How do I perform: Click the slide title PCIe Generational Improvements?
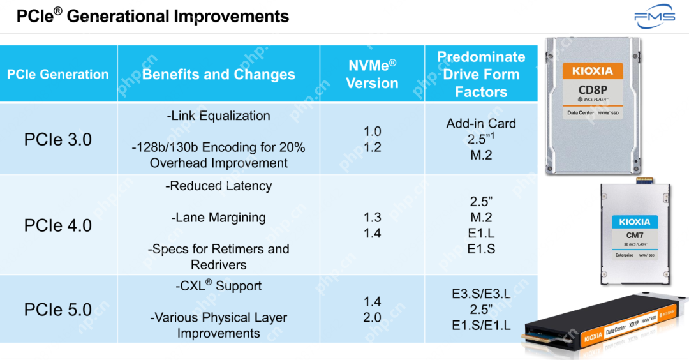[152, 16]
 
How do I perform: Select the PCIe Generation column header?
[58, 74]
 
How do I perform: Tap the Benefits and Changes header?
[218, 74]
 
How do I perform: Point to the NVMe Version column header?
[372, 74]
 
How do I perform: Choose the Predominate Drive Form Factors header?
[481, 74]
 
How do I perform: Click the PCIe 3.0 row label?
[58, 139]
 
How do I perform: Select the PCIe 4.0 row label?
[58, 225]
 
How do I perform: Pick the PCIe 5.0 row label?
[58, 310]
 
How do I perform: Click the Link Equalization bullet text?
[218, 116]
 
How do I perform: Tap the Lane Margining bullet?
[218, 217]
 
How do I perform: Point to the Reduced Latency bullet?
[218, 186]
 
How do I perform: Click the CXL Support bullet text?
[218, 286]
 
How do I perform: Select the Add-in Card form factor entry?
[481, 123]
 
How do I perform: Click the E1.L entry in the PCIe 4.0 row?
[481, 233]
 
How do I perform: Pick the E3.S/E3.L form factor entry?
[481, 294]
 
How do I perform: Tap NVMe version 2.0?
[372, 317]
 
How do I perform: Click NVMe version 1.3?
[372, 218]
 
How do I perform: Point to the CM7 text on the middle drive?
[634, 236]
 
